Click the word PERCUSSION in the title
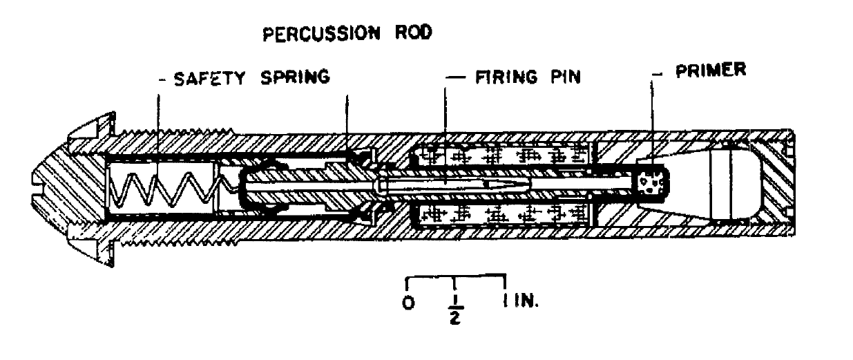tap(321, 34)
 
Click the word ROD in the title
tap(414, 32)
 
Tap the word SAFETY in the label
tap(209, 79)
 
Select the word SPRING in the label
tap(295, 77)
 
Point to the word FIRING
tap(506, 77)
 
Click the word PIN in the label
tap(566, 77)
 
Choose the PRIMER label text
tap(711, 70)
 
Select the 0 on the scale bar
tap(408, 303)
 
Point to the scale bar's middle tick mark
tap(454, 283)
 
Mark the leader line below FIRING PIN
tap(445, 135)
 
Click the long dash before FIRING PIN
tap(455, 77)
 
